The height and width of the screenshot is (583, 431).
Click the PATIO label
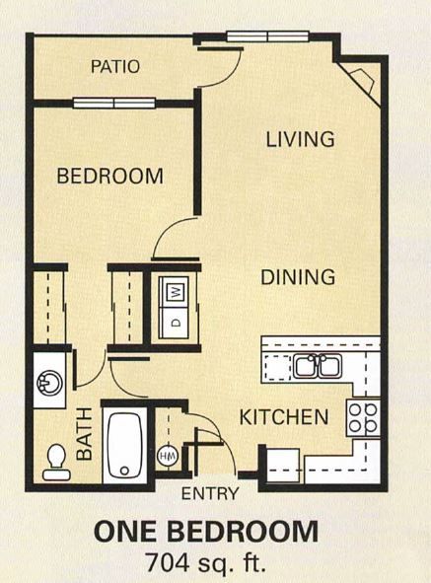coord(115,67)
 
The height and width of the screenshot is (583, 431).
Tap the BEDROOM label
coord(109,177)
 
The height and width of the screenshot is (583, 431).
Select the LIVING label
coord(301,139)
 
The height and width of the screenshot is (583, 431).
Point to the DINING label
coord(299,277)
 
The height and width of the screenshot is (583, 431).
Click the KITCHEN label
coord(284,417)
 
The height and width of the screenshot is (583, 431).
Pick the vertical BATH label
coord(84,433)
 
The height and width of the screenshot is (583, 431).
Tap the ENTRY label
coord(207,493)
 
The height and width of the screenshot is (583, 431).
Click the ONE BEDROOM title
coord(206,532)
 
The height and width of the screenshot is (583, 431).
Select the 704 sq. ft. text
coord(206,561)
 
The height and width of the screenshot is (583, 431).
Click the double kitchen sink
coord(318,367)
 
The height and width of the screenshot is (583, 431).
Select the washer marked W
coord(175,292)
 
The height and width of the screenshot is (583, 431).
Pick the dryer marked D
coord(175,322)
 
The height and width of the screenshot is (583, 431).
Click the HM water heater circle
coord(168,459)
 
